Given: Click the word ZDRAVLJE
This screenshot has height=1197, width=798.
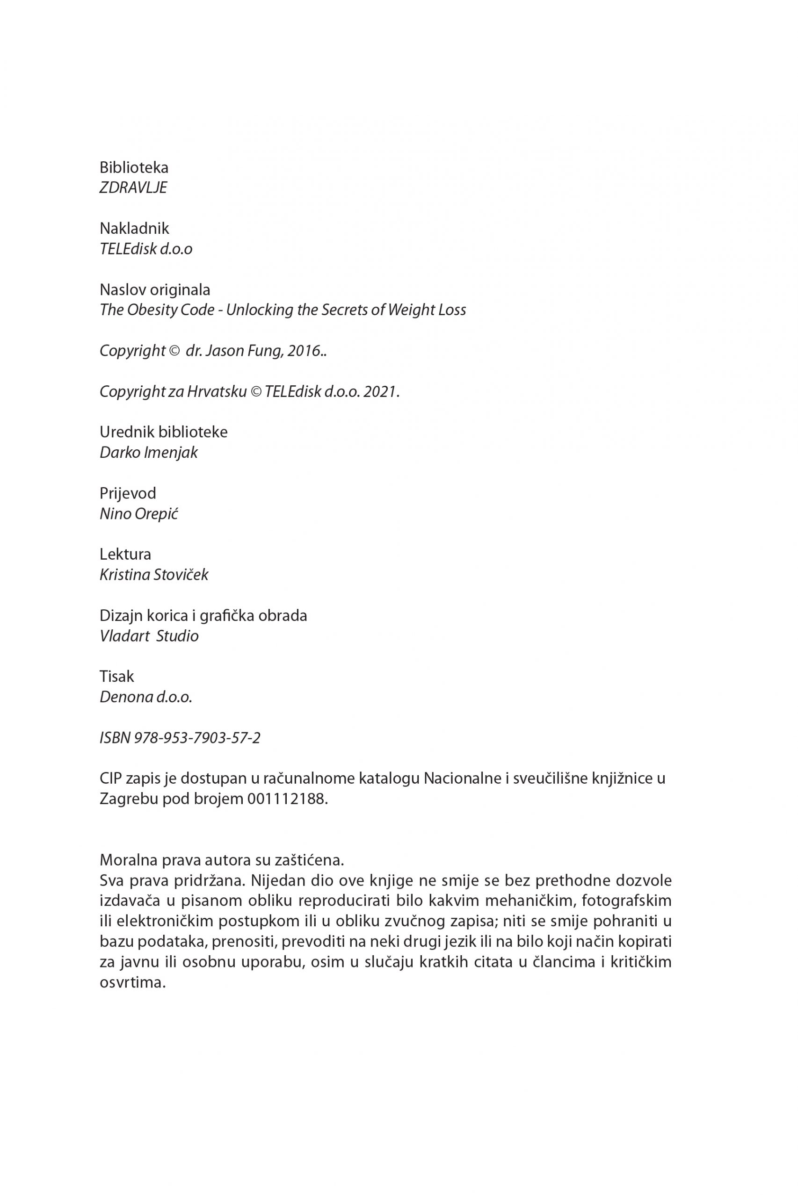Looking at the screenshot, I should (133, 188).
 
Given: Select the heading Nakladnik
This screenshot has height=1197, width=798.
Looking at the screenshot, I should (134, 228).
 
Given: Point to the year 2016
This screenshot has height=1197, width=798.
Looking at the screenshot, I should (304, 351).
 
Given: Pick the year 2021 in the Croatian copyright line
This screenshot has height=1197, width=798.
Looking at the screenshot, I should (380, 392).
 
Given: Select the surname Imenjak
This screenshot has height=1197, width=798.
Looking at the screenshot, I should (171, 453).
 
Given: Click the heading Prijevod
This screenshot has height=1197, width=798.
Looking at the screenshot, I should (128, 493).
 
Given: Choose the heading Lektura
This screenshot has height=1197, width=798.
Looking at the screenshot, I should (125, 554).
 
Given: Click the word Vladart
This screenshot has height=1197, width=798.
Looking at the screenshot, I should (123, 636).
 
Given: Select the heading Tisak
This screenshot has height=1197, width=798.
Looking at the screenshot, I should (117, 677).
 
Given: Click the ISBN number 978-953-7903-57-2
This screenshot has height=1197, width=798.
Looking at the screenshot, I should (197, 738).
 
